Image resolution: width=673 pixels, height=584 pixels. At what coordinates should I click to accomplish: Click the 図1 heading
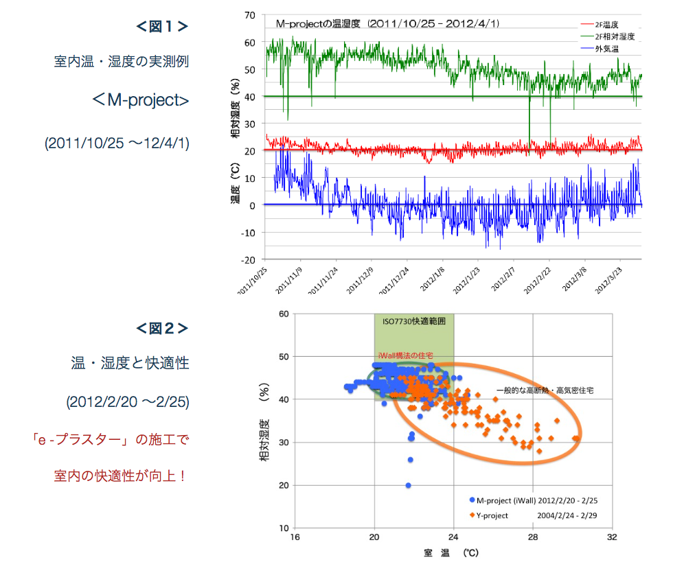161,27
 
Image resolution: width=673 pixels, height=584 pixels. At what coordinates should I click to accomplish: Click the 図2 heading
161,328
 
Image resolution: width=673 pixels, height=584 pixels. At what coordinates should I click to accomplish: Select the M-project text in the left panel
140,100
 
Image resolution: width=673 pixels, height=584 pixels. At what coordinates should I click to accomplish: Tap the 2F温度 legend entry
606,24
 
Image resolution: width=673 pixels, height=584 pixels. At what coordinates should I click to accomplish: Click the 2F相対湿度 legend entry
610,36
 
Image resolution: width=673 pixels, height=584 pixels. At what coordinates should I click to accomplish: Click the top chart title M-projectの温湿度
387,23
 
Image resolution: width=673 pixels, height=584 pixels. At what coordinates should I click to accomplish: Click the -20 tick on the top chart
248,260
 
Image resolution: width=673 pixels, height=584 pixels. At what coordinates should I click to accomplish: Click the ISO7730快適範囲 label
413,320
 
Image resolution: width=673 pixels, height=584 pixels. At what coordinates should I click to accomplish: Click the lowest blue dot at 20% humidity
408,485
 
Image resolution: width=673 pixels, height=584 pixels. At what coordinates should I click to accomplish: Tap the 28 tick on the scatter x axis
533,537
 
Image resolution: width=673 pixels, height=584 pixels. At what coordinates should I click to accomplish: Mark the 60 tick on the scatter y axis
283,314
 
